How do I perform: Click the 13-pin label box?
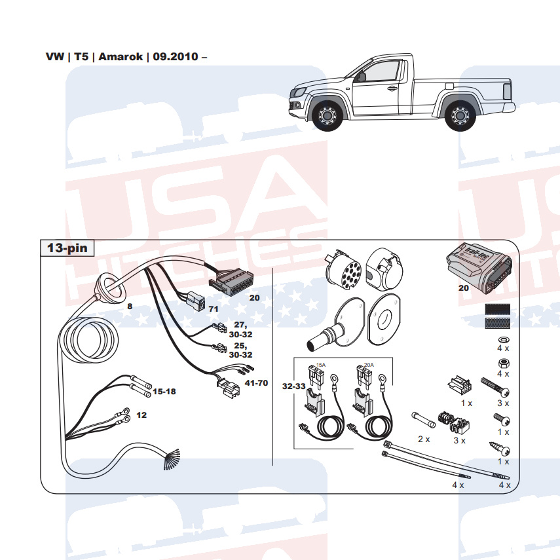67,248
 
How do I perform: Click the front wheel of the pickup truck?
326,116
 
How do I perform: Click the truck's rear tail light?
506,91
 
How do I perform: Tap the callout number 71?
214,308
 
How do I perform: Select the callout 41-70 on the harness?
255,383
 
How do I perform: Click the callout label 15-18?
164,391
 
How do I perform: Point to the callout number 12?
141,415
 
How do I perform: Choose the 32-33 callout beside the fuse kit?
294,386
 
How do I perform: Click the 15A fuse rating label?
321,364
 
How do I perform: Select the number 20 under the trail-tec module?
463,287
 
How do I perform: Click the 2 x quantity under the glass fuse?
423,439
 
